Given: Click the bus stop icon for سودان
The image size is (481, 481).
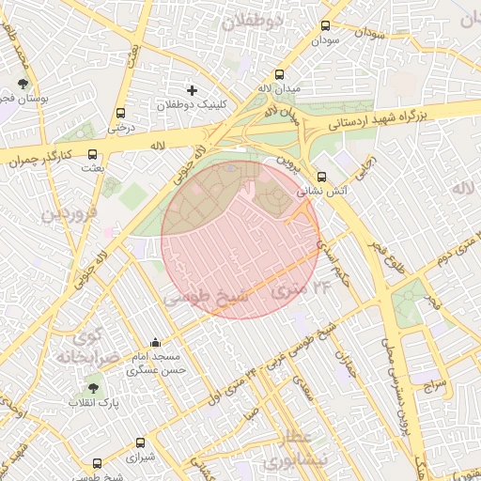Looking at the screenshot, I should coord(326,27).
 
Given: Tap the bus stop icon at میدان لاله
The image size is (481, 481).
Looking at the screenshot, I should coord(279,74).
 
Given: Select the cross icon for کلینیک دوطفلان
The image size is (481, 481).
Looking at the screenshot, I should coord(193,90).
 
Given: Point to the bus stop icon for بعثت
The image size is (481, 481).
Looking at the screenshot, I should coord(92,154).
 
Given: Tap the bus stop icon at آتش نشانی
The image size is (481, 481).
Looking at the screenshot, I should coord(322,176).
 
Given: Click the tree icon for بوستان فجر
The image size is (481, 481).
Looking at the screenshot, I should coord(23,84).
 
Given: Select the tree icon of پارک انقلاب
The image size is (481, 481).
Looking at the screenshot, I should coord(92,387).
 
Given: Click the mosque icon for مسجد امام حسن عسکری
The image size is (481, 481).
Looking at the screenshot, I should coord(155,343).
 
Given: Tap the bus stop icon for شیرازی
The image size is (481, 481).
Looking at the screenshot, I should coord(140,442).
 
